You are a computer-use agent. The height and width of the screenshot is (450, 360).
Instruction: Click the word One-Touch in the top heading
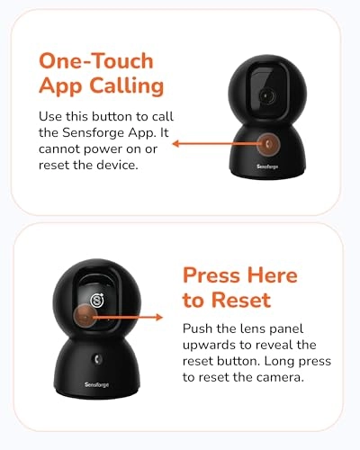click(x=96, y=61)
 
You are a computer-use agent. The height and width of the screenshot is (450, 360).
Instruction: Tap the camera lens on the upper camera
click(x=266, y=96)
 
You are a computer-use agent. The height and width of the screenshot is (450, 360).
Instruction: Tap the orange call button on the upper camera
click(x=269, y=144)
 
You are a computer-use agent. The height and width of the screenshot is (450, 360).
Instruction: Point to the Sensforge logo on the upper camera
click(x=267, y=166)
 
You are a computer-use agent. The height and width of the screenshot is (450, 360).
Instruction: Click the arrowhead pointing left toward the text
click(x=176, y=144)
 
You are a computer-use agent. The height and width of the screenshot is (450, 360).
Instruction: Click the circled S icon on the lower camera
click(x=97, y=300)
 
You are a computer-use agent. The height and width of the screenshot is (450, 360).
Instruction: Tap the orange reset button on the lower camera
click(x=85, y=317)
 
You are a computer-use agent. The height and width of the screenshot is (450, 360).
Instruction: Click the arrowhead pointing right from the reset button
click(x=158, y=317)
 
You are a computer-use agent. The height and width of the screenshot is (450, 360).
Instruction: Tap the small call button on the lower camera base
click(x=97, y=359)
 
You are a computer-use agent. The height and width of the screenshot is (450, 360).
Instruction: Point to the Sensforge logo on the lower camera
click(x=96, y=384)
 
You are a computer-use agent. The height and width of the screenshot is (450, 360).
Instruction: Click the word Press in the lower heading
click(x=211, y=275)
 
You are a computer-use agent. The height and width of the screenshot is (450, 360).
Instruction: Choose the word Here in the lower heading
click(x=273, y=275)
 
